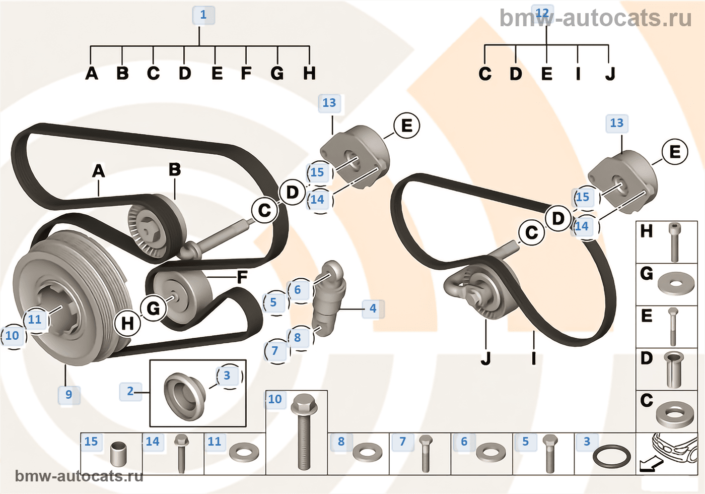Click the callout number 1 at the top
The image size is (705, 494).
tap(203, 15)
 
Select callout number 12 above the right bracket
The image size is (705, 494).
tap(542, 13)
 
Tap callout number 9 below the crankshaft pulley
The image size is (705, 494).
tap(69, 394)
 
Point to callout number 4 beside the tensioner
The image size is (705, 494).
tap(373, 308)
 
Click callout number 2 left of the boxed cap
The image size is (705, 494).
tap(130, 391)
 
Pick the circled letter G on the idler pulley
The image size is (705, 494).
tap(153, 308)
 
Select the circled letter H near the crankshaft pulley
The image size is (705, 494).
tap(127, 323)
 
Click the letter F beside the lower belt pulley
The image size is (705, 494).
tap(242, 277)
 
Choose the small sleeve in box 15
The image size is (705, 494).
tap(119, 454)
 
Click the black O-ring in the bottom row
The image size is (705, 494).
tap(611, 457)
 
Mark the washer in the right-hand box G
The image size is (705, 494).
tap(675, 284)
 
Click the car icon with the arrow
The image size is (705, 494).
tap(667, 452)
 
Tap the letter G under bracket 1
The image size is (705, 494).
tap(277, 74)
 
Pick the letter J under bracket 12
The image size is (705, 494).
tap(610, 74)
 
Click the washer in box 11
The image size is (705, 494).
tap(244, 452)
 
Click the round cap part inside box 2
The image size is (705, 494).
tap(184, 396)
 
